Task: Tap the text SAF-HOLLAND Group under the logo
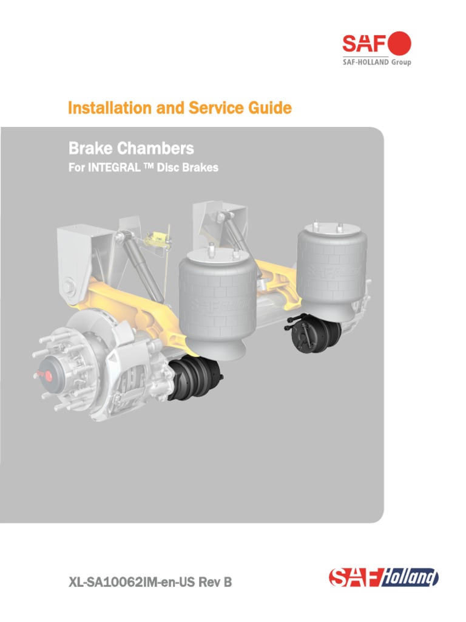(377, 63)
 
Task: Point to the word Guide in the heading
(269, 108)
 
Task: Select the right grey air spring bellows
(331, 267)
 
